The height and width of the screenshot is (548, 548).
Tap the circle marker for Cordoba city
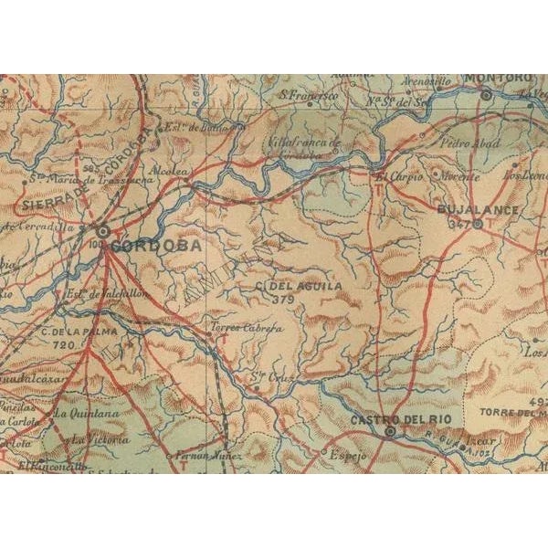click(x=102, y=232)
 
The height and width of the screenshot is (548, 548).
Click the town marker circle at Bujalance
click(x=476, y=224)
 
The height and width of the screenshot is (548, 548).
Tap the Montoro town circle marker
click(x=487, y=94)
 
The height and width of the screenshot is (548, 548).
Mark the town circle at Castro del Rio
click(x=390, y=431)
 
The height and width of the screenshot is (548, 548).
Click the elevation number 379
click(x=283, y=299)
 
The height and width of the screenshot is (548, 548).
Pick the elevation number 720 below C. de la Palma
click(x=62, y=346)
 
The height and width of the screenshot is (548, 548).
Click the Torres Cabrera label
click(x=234, y=324)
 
